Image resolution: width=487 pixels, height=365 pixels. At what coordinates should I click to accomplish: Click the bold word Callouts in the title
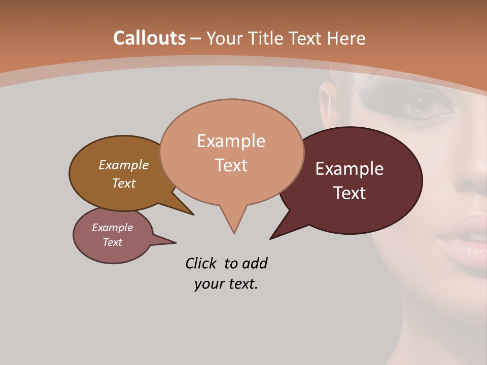pyautogui.click(x=150, y=38)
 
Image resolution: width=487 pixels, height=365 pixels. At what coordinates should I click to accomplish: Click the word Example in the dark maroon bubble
pyautogui.click(x=350, y=169)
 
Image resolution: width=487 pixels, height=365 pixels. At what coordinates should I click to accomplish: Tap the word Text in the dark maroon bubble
pyautogui.click(x=350, y=193)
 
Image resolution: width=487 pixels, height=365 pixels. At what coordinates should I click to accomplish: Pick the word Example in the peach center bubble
pyautogui.click(x=231, y=141)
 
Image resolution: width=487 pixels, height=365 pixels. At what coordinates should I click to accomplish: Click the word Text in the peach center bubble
pyautogui.click(x=231, y=165)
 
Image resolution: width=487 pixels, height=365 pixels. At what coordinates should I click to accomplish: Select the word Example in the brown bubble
pyautogui.click(x=123, y=165)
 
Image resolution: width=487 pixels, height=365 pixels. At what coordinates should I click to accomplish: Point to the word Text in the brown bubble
pyautogui.click(x=123, y=183)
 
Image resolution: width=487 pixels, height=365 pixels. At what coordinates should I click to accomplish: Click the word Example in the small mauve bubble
pyautogui.click(x=112, y=228)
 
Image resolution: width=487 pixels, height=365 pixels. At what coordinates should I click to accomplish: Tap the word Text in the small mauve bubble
pyautogui.click(x=112, y=242)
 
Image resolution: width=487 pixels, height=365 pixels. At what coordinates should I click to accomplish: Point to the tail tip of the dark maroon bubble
pyautogui.click(x=271, y=238)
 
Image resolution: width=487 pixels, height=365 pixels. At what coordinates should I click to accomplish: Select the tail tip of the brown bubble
pyautogui.click(x=193, y=214)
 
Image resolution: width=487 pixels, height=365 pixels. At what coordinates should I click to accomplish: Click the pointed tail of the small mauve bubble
pyautogui.click(x=175, y=242)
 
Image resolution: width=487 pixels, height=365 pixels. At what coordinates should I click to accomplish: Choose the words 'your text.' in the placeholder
pyautogui.click(x=226, y=284)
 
